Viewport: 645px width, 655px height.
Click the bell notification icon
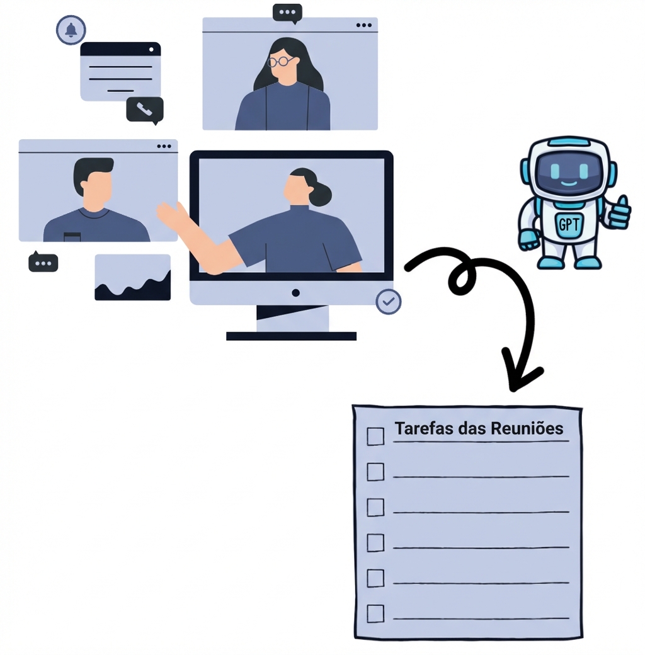click(71, 30)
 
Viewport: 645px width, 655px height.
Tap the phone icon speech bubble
click(145, 110)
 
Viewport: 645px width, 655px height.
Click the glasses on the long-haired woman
click(280, 62)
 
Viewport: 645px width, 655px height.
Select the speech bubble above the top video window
click(287, 13)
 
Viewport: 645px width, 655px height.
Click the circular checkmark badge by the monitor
click(389, 302)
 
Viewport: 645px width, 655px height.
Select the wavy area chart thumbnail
click(133, 277)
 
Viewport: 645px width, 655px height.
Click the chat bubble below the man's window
click(43, 263)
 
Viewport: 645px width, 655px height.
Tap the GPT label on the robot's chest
click(569, 225)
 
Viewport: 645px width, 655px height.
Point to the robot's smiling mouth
click(569, 183)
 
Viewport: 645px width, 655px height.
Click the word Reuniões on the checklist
click(527, 429)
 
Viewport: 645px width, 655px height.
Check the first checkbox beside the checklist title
click(375, 436)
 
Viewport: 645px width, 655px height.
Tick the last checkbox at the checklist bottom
click(375, 613)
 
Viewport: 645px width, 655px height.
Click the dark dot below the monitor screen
click(296, 293)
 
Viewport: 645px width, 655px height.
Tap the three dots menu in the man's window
click(164, 146)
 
